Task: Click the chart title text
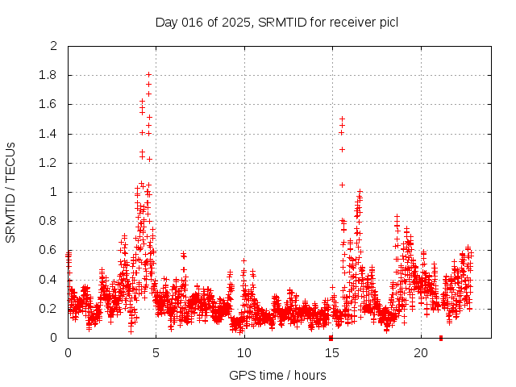277,22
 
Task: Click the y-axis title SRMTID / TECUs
10,193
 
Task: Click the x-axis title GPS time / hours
277,375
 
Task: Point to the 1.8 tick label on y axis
50,76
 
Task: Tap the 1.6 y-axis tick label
50,105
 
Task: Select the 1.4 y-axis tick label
50,134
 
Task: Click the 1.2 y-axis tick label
50,163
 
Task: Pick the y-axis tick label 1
54,192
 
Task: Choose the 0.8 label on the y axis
50,222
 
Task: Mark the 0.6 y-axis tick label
50,251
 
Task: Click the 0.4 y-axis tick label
50,280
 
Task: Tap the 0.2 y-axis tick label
50,309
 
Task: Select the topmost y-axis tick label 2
54,47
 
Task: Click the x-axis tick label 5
156,353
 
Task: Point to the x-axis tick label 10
244,353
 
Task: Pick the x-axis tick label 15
332,353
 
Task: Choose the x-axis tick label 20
421,353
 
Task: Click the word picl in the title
388,22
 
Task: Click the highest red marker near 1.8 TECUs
148,75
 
